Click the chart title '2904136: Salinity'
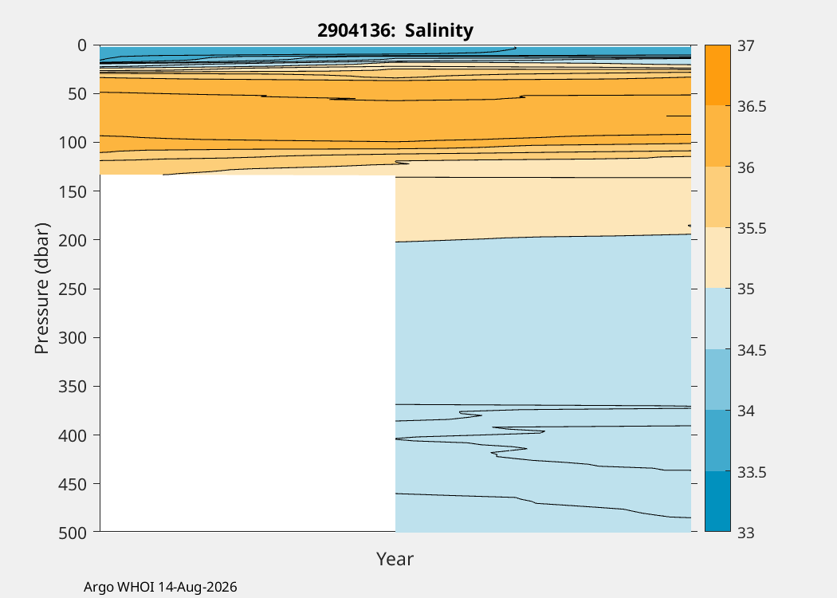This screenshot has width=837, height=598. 395,30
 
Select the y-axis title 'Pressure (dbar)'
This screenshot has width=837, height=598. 41,289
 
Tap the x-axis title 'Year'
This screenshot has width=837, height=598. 395,558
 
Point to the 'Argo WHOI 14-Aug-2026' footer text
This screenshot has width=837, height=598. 160,588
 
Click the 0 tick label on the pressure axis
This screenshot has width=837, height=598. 81,45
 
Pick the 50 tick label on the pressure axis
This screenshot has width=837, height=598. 77,94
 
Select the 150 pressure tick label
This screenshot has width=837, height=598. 72,191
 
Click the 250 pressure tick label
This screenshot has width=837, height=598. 72,289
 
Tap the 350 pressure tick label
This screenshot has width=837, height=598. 72,386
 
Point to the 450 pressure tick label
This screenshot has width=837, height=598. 72,484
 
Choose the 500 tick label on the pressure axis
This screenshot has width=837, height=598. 72,533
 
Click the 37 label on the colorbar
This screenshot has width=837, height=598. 746,46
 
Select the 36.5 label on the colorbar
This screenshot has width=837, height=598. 752,107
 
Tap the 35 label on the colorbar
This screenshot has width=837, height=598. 746,289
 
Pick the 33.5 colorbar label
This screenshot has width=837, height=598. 752,473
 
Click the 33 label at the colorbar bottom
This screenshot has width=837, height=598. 746,533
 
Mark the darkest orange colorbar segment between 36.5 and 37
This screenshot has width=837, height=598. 717,75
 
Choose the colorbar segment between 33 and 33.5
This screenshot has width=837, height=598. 717,502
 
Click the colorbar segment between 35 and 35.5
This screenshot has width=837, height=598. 717,258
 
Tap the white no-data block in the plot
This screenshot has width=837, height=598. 248,353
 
